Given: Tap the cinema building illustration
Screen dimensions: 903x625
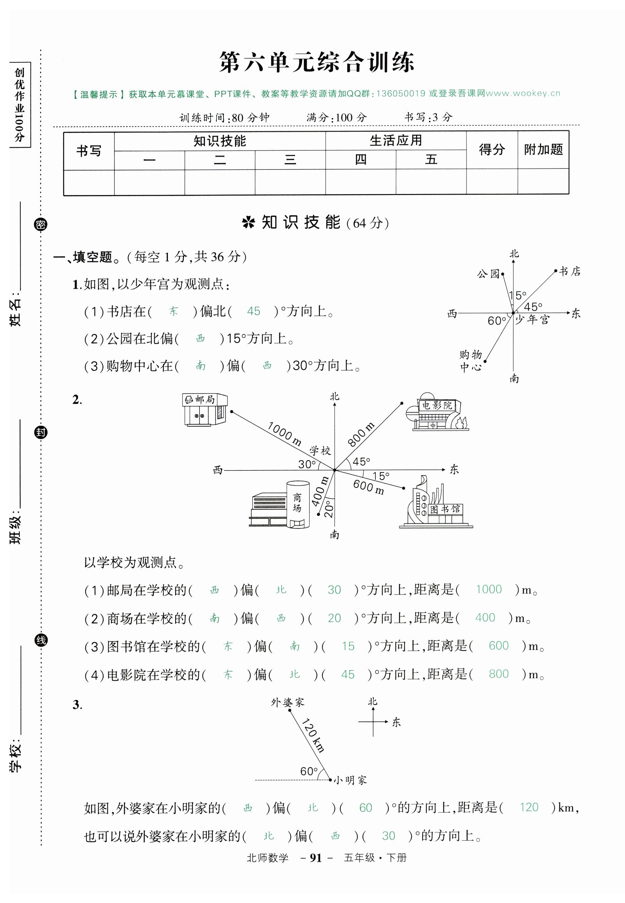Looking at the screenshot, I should tap(437, 412).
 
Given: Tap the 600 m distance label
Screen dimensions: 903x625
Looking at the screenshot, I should tap(368, 487).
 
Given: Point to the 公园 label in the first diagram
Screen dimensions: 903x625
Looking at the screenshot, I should tap(488, 274).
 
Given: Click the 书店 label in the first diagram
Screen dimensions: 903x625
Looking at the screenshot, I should tap(570, 271).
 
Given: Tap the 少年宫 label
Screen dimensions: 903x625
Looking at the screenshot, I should tap(532, 320).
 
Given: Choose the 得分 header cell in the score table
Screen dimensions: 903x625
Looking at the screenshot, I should tap(491, 150).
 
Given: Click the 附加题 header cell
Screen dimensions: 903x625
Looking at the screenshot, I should tap(543, 150).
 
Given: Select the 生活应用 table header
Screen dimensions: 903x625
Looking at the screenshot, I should tap(396, 141).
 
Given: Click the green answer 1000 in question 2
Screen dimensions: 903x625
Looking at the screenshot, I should tap(488, 589).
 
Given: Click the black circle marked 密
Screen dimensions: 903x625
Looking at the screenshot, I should tap(41, 224).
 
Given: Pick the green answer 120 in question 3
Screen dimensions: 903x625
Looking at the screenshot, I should tap(529, 807).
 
